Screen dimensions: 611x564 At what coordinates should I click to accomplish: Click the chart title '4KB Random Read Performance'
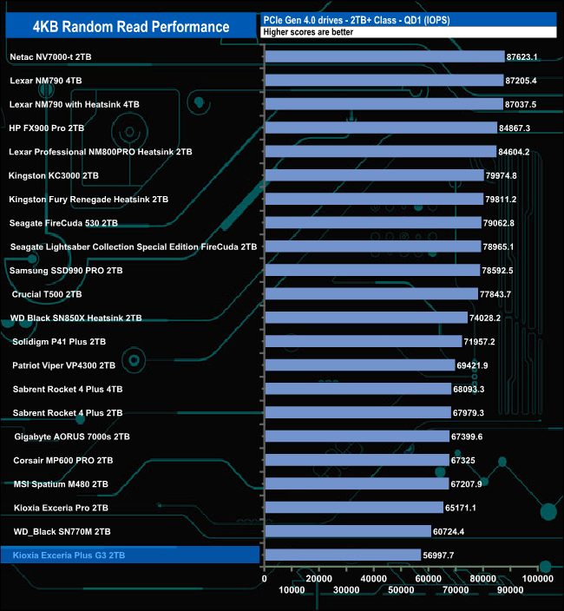coord(131,27)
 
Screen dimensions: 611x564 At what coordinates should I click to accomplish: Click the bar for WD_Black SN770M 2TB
coord(347,530)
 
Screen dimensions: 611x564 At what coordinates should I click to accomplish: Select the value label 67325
coord(462,459)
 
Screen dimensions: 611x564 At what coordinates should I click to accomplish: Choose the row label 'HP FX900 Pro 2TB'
coord(46,128)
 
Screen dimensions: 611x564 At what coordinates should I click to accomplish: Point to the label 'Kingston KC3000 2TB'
coord(53,175)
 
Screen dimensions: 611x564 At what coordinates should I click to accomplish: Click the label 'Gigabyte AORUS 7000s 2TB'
coord(72,436)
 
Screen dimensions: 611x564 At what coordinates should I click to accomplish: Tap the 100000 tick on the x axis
coord(538,577)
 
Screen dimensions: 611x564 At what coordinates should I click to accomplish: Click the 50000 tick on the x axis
coord(401,590)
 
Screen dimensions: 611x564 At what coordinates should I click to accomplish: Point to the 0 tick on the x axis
coord(265,577)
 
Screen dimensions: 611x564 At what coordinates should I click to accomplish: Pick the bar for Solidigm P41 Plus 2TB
coord(363,341)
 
